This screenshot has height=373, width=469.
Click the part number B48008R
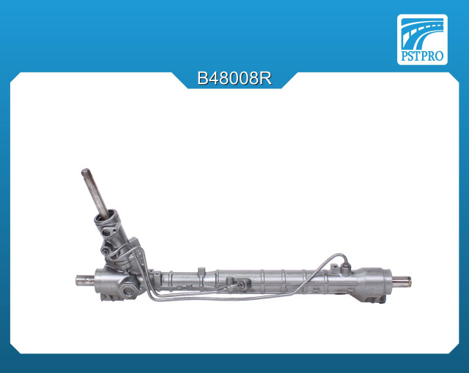pyautogui.click(x=234, y=79)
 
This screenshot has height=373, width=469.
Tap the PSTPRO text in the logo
pyautogui.click(x=422, y=56)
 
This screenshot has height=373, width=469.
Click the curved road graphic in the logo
pyautogui.click(x=422, y=33)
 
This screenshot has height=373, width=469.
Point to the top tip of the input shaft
pyautogui.click(x=85, y=171)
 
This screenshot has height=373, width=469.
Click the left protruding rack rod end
pyautogui.click(x=85, y=281)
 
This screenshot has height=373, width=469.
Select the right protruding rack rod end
pyautogui.click(x=402, y=282)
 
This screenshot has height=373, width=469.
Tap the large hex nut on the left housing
pyautogui.click(x=129, y=290)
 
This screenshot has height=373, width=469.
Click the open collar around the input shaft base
pyautogui.click(x=108, y=216)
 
